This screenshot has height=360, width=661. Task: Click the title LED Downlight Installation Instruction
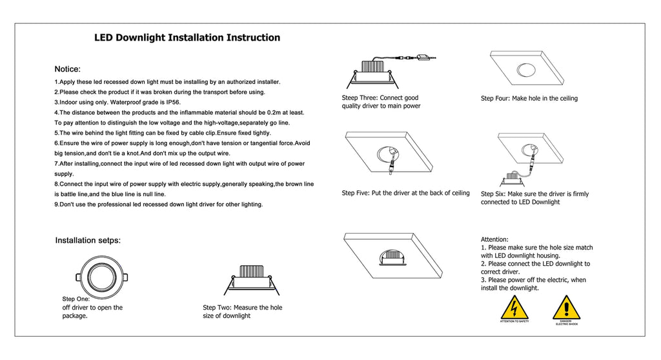187,37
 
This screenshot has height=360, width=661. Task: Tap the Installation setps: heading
88,241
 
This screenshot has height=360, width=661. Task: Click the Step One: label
76,299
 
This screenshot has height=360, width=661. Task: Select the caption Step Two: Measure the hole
243,308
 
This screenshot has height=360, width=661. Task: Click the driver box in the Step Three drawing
424,58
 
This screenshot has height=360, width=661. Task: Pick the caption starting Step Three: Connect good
380,98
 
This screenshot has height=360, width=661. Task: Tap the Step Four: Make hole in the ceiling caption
529,99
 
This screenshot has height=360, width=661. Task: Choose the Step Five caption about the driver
405,193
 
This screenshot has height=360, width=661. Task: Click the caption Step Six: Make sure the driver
534,194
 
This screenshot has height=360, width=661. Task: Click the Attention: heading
494,239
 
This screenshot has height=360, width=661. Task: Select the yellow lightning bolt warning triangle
514,308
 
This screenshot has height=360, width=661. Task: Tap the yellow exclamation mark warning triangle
566,308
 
